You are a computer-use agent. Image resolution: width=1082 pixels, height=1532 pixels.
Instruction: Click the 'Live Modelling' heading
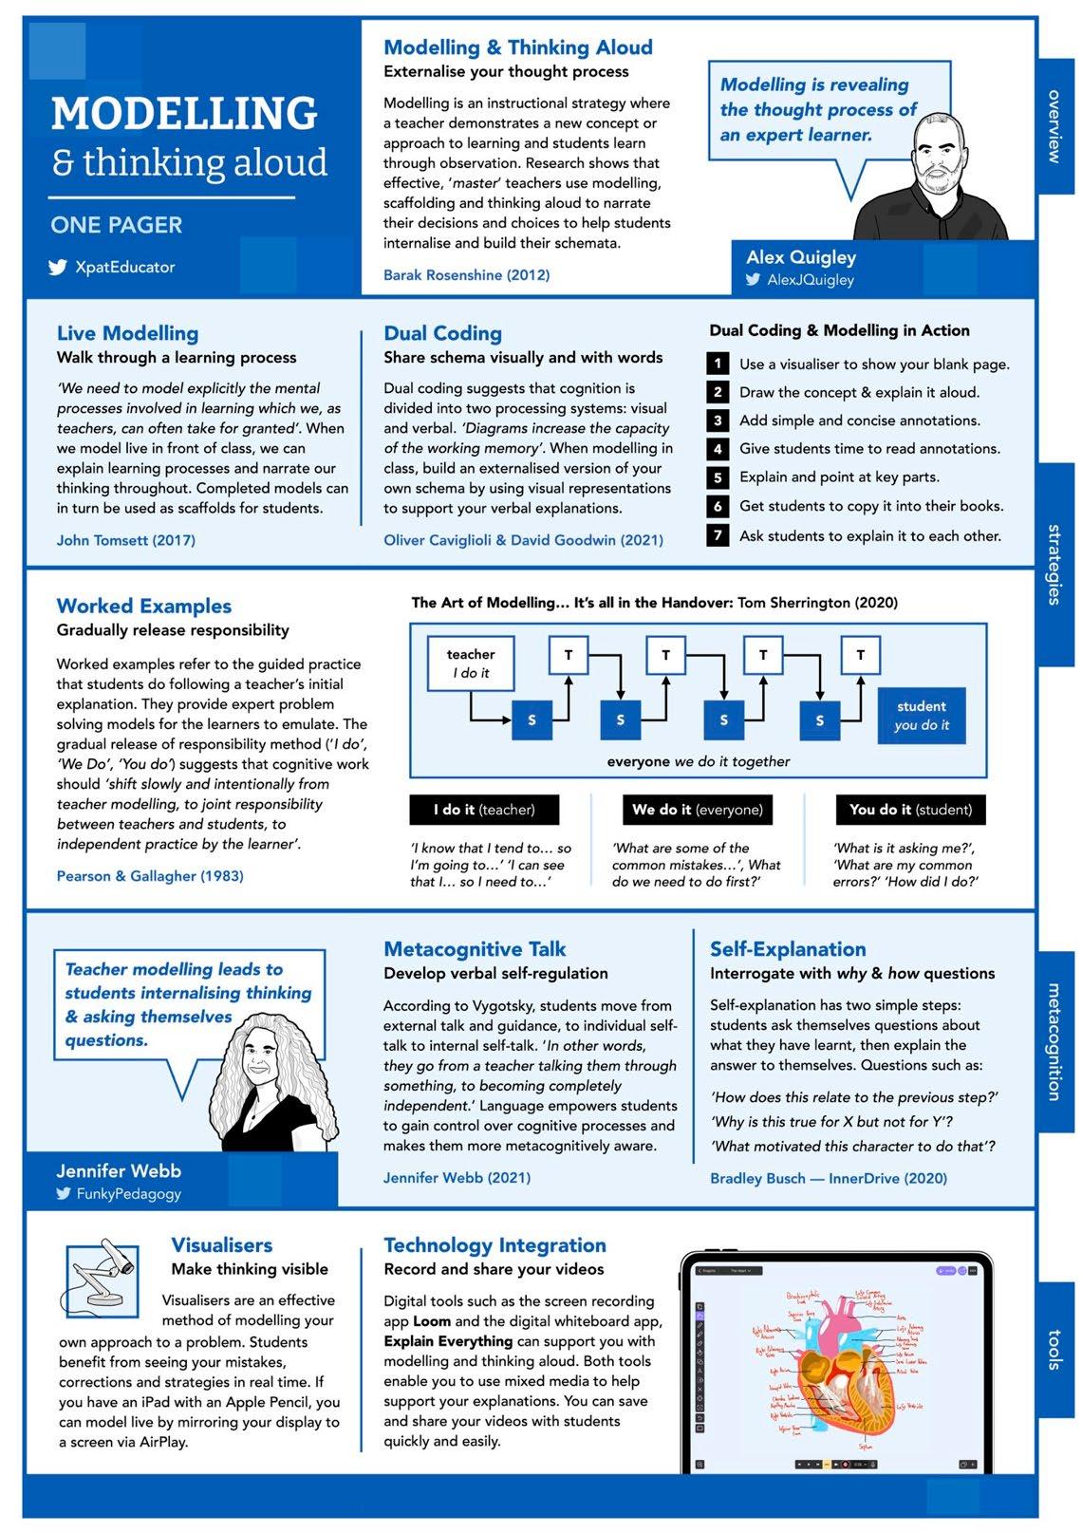coord(127,333)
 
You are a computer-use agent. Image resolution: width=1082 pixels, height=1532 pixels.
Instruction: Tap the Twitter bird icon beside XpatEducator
coord(59,268)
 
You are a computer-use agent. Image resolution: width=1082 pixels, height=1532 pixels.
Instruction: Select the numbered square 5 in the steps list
coord(718,477)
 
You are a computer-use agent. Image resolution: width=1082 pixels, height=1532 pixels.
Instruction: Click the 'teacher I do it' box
coord(471,663)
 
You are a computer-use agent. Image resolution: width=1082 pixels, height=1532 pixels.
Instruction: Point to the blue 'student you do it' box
coord(921,716)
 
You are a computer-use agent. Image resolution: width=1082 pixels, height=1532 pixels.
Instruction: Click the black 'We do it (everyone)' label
coord(697,810)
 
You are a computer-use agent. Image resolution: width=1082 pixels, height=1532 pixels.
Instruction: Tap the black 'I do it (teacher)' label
coord(484,810)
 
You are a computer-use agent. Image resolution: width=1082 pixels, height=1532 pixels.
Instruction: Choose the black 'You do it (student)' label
coord(910,810)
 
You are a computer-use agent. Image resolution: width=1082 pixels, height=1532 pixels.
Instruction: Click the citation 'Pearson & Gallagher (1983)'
coord(150,876)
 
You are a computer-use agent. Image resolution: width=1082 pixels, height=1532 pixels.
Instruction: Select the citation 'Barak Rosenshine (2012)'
coord(466,275)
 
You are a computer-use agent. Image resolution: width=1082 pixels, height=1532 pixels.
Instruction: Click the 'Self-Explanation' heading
coord(788,949)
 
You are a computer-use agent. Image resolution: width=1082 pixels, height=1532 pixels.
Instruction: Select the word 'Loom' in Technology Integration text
coord(431,1321)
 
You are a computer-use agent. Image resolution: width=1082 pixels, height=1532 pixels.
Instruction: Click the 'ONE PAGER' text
coord(117,225)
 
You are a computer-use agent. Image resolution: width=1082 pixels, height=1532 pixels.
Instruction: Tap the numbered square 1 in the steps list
coord(718,364)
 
